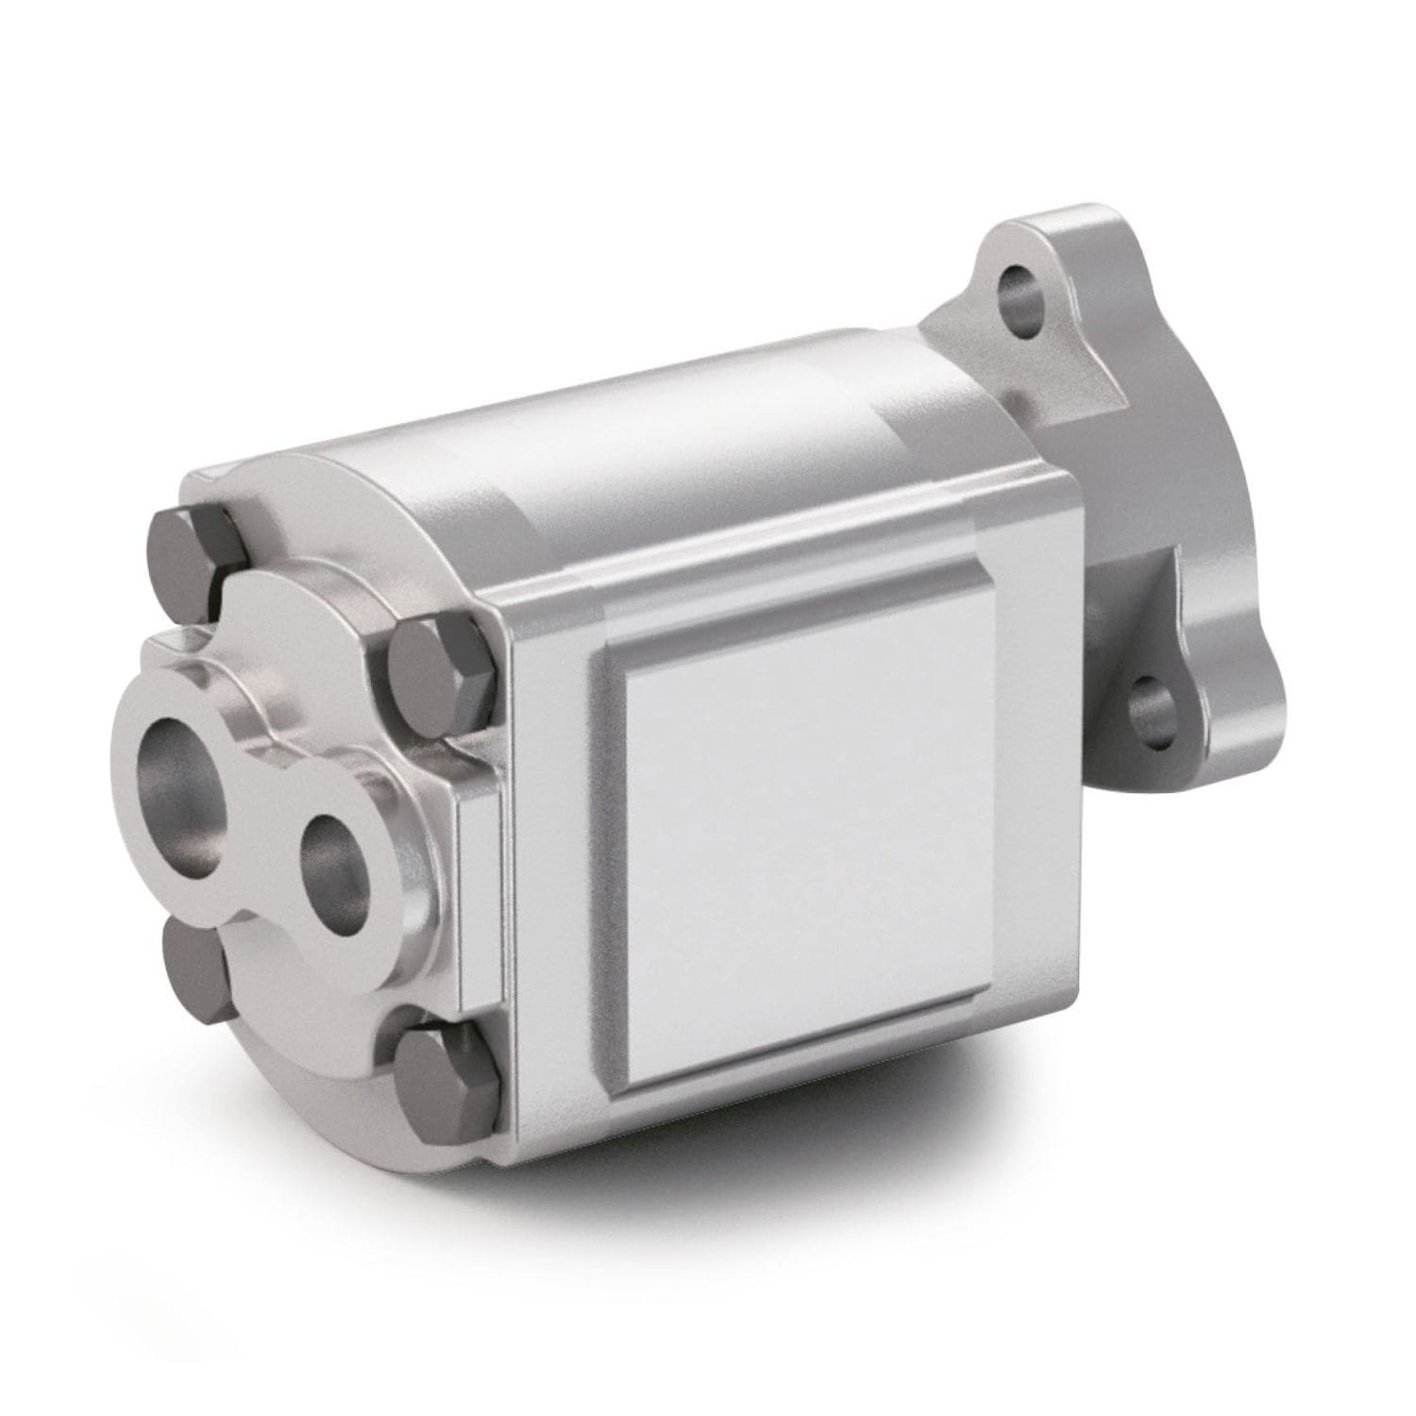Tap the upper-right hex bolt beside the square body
pyautogui.click(x=442, y=668)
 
